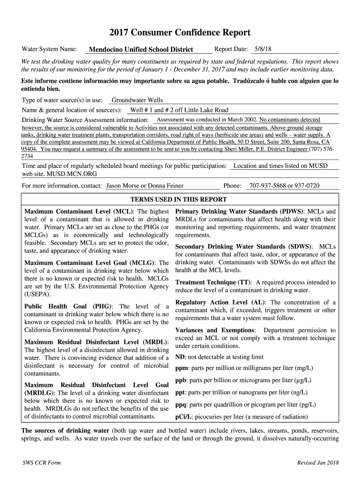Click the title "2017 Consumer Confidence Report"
coord(180,33)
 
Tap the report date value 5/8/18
coord(263,49)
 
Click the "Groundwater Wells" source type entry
coord(137,100)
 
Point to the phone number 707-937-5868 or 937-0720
coord(284,186)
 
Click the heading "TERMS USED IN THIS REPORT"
coord(180,199)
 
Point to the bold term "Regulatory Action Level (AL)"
coord(221,302)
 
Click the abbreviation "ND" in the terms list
coord(180,357)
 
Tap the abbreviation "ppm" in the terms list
coord(181,368)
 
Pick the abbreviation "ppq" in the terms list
coord(181,405)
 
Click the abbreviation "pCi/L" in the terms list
coord(183,417)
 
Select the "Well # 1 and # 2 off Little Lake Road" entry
coord(179,110)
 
